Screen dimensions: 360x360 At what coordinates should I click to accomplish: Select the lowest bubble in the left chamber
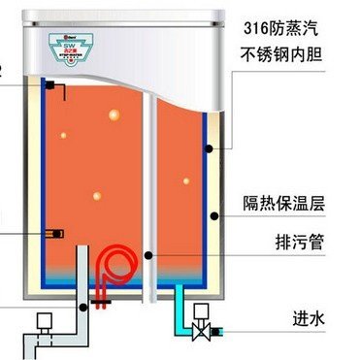(x=95, y=195)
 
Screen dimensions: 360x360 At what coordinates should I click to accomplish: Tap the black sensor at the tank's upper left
(x=48, y=86)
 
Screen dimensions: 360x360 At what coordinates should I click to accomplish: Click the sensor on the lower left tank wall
(x=56, y=232)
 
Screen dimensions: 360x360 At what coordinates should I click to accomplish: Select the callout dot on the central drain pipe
(x=147, y=253)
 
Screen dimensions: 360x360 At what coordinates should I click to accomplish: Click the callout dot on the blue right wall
(x=208, y=148)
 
